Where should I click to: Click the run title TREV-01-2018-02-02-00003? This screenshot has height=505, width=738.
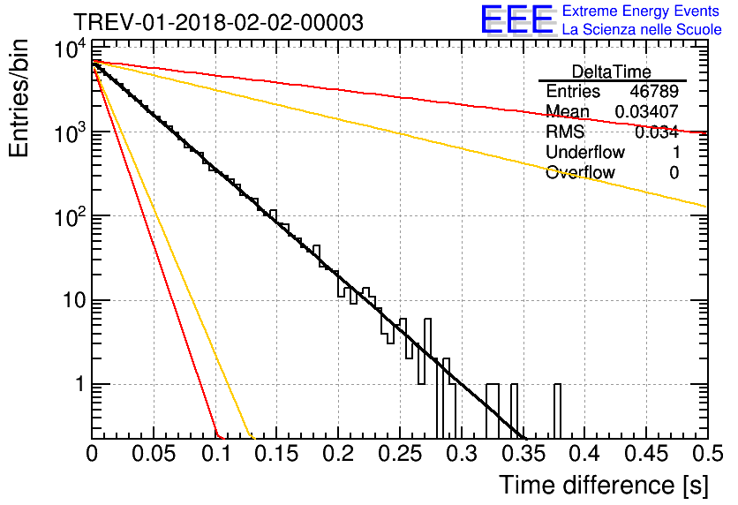coord(217,23)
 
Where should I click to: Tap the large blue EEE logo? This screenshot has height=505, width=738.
coord(516,20)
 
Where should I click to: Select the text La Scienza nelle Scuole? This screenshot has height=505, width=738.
coord(642,30)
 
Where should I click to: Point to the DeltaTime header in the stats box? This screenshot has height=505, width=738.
coord(612,72)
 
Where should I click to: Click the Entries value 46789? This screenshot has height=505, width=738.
coord(654,92)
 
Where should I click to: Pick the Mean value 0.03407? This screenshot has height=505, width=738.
coord(646,112)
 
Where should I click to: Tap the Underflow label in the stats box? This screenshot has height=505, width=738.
coord(584,153)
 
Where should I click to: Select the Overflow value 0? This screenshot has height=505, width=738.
coord(674,173)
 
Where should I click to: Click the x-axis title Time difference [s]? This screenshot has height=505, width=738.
coord(603,485)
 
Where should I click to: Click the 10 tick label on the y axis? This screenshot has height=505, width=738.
coord(67,301)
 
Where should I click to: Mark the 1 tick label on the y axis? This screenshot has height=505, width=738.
coord(78,385)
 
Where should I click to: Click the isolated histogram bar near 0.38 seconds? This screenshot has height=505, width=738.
coord(558,411)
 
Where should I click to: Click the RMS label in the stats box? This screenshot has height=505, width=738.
coord(565,132)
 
